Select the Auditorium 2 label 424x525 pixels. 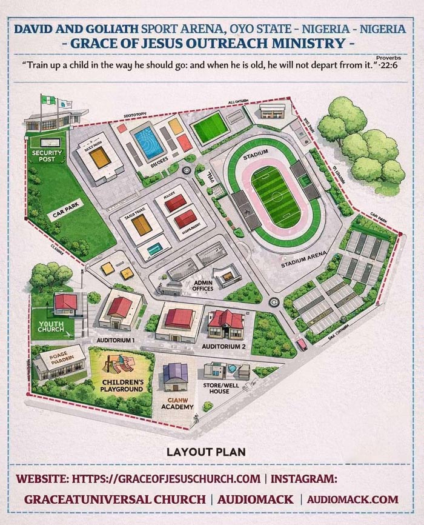click(224, 346)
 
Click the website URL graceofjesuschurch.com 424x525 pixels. click(167, 478)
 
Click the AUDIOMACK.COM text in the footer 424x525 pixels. click(353, 500)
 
